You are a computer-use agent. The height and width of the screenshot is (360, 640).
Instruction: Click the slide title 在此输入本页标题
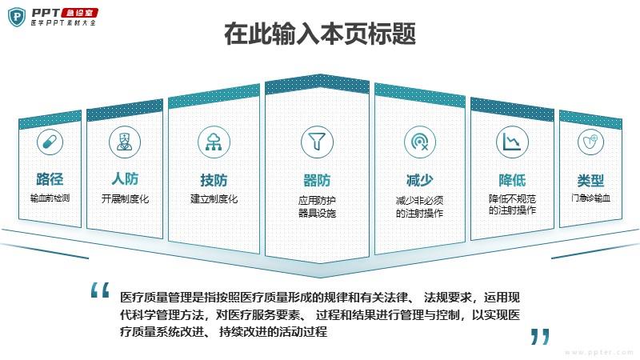320,35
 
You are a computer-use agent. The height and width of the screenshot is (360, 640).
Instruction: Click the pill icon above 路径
50,143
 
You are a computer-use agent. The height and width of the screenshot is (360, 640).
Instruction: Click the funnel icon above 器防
317,141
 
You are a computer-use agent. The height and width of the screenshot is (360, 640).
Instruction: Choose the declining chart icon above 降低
511,142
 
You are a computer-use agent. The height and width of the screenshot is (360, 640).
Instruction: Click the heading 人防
125,178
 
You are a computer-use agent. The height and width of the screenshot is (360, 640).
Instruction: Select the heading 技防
214,179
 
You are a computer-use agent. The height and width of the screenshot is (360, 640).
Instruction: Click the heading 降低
512,180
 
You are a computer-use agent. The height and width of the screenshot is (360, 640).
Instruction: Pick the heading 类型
590,180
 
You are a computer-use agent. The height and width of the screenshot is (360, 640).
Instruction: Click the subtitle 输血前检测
50,198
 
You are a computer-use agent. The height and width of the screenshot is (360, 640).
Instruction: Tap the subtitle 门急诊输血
590,198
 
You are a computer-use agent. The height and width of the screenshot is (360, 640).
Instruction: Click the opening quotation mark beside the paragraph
99,290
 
